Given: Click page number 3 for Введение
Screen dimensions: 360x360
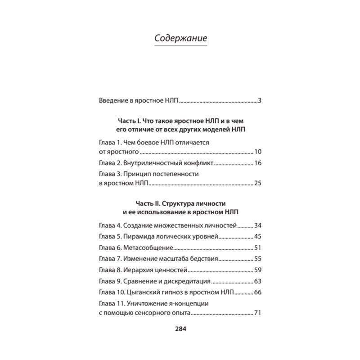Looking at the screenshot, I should click(260, 100).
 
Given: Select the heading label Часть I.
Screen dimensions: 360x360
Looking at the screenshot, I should click(130, 121).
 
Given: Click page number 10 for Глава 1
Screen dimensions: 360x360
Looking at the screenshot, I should click(258, 152).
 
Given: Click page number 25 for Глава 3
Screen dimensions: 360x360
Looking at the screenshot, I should click(258, 183).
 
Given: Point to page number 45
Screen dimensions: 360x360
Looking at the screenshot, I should click(258, 236).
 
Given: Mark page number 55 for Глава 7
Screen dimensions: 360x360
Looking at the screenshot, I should click(258, 259).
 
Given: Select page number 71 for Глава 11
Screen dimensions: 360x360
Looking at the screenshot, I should click(258, 313).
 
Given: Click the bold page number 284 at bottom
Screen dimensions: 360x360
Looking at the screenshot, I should click(180, 328).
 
